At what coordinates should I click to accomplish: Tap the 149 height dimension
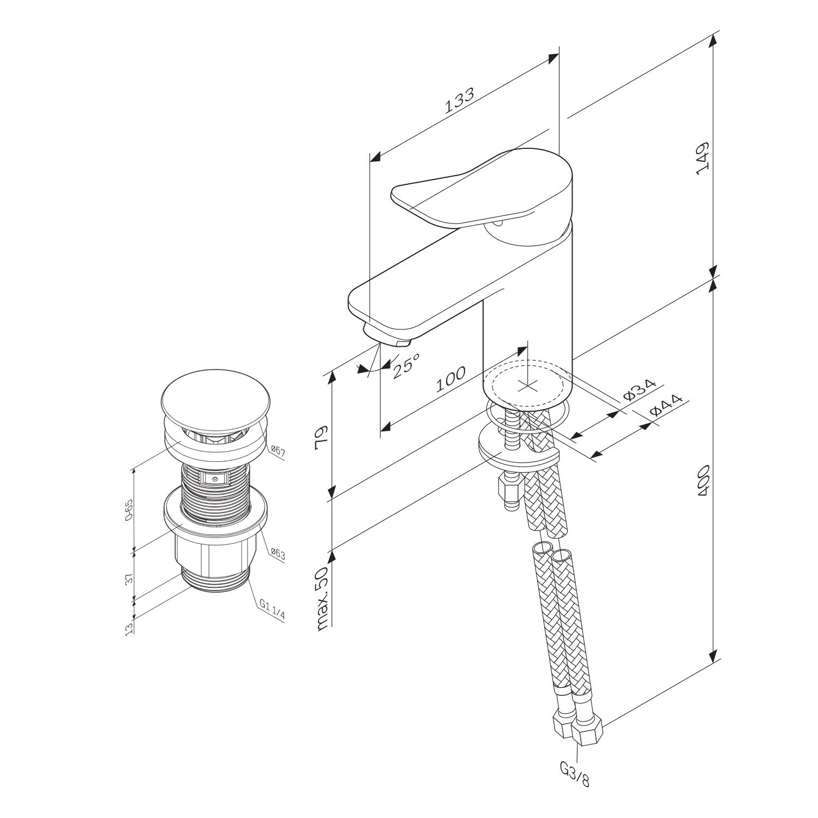click(702, 158)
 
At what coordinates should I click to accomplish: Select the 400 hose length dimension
click(702, 480)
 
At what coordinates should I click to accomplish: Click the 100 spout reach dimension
click(450, 380)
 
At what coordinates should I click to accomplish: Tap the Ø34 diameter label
click(639, 390)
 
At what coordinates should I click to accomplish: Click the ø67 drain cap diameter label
click(278, 451)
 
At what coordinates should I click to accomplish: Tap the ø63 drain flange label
click(278, 555)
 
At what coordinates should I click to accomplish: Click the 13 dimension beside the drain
click(129, 629)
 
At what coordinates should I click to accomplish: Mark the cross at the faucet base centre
click(527, 386)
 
